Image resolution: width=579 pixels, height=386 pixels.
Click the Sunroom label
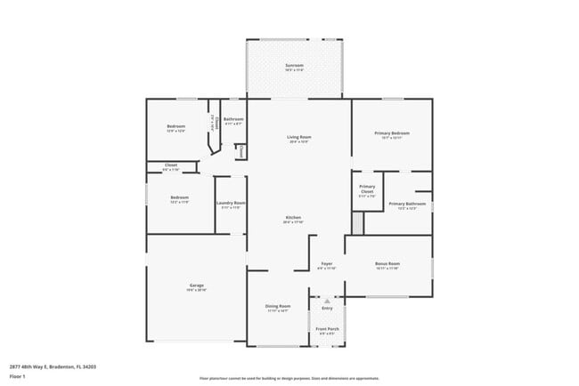(294, 65)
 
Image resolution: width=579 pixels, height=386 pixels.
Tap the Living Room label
(298, 137)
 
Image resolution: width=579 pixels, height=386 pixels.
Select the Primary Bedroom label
(392, 133)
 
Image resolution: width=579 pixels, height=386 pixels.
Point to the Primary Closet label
(367, 189)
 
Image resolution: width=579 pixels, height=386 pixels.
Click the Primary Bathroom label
(407, 204)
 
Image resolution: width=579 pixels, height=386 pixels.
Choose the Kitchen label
(294, 218)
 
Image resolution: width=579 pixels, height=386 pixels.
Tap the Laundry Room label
(231, 204)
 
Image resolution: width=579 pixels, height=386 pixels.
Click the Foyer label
(327, 264)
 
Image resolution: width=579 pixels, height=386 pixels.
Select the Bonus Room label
(387, 264)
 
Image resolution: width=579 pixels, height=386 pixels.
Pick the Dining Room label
(278, 306)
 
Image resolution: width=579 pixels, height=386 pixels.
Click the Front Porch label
(327, 329)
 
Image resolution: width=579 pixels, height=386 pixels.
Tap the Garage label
(196, 285)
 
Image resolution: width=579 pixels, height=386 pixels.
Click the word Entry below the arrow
(327, 308)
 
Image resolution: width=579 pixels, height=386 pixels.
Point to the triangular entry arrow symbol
(327, 301)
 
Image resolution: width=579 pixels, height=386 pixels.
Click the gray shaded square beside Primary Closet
(357, 223)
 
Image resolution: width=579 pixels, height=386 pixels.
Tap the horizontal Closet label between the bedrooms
(171, 165)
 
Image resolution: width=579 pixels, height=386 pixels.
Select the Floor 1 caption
(17, 376)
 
